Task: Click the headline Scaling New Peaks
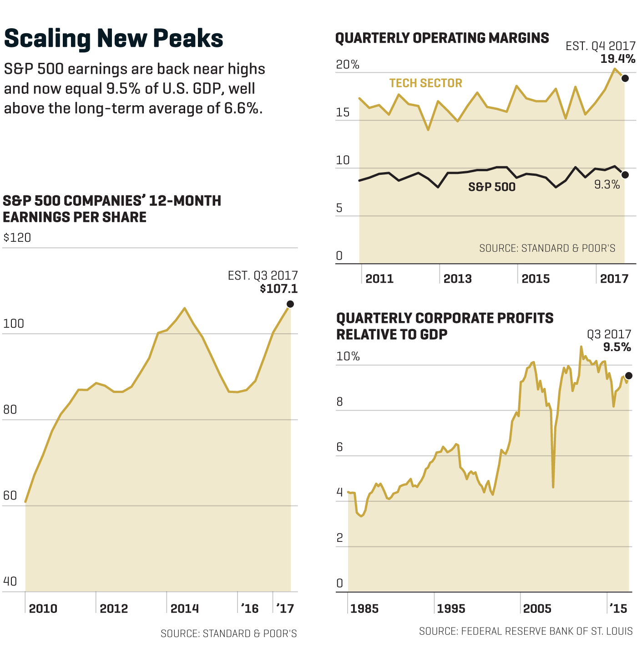[x=113, y=38]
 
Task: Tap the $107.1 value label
[x=278, y=289]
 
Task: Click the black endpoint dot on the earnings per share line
[x=290, y=304]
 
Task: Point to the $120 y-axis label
[x=17, y=238]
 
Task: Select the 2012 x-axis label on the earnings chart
[x=114, y=609]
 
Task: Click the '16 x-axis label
[x=249, y=609]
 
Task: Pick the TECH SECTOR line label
[x=425, y=83]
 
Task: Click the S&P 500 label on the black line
[x=492, y=187]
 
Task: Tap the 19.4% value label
[x=617, y=59]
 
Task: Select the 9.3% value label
[x=607, y=184]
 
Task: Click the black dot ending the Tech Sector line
[x=625, y=78]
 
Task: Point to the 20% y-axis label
[x=348, y=65]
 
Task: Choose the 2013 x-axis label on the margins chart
[x=457, y=279]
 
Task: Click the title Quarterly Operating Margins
[x=442, y=38]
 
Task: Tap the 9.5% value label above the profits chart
[x=617, y=347]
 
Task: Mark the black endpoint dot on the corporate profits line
[x=629, y=376]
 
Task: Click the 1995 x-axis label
[x=451, y=609]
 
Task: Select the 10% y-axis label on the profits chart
[x=348, y=356]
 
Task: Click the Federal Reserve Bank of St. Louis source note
[x=526, y=631]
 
